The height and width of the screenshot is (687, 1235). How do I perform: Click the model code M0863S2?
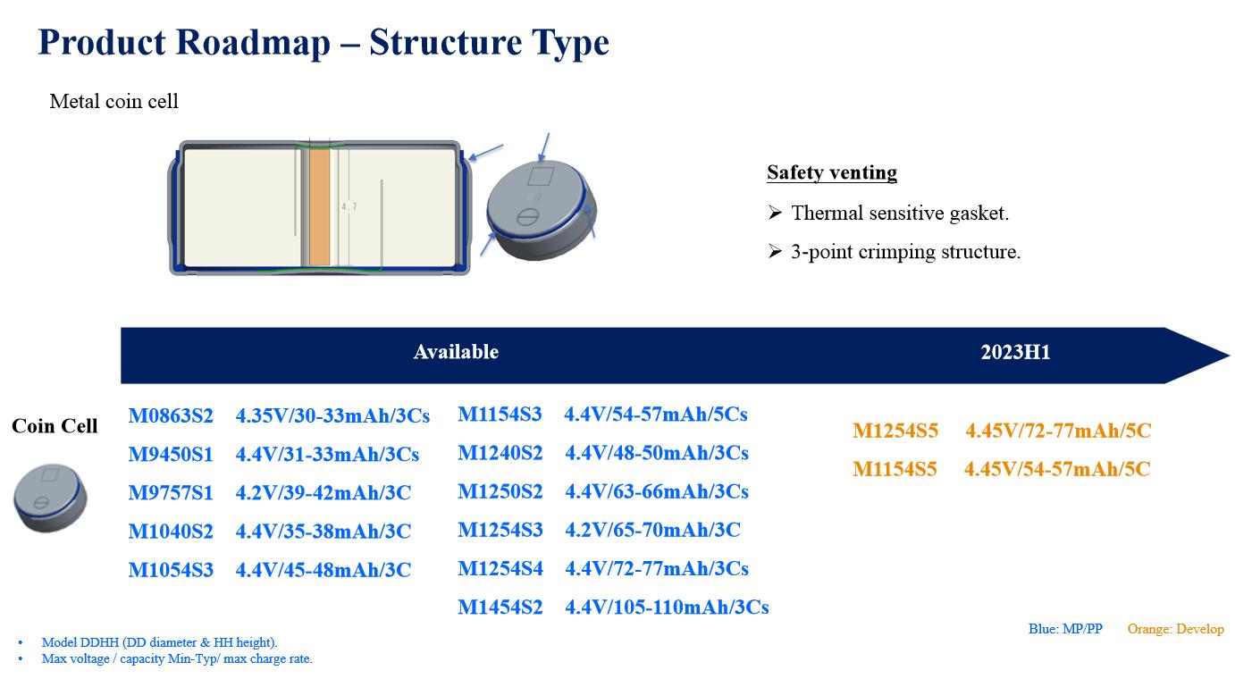coord(171,415)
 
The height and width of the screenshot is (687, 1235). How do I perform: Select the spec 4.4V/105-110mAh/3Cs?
coord(667,607)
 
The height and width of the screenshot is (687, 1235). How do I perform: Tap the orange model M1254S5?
coord(895,431)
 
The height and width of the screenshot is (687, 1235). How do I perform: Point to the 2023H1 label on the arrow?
coord(1015,352)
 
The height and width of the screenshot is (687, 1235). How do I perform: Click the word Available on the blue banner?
coord(456,352)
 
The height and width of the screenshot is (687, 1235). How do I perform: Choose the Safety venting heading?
coord(832,172)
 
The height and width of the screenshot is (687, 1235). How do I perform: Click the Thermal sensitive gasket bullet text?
coord(900,214)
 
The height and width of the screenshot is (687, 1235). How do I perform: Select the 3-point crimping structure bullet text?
coord(906,252)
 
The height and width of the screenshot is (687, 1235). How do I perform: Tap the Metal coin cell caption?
coord(113,102)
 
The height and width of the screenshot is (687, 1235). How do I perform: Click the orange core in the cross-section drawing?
coord(319,207)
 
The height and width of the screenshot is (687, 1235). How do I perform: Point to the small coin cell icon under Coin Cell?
coord(50,498)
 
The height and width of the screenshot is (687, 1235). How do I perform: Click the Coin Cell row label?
coord(55,426)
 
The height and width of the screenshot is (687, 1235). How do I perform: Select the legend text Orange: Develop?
coord(1175,629)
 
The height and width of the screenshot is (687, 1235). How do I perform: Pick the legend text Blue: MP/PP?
coord(1065,629)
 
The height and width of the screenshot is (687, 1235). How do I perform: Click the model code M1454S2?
coord(500,607)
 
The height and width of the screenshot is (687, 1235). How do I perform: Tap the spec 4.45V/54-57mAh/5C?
coord(1057,469)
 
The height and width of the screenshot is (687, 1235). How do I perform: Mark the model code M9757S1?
coord(171,493)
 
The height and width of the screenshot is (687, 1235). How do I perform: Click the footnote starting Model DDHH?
coord(159,642)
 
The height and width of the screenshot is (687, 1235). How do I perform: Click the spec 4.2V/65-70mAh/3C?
coord(652,530)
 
